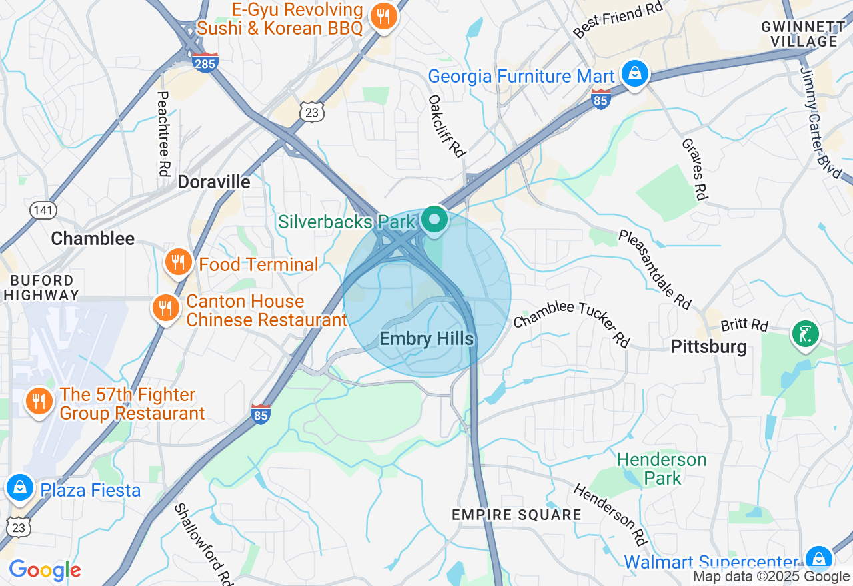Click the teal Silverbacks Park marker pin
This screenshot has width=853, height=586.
(x=434, y=219)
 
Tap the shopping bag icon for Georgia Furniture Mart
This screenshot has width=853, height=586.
(x=636, y=73)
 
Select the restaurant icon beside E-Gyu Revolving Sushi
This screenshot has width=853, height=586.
(x=383, y=16)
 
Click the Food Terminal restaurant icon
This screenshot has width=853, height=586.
(x=178, y=263)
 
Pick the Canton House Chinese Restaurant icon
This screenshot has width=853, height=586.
(x=166, y=308)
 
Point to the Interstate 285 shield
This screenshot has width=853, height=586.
(x=204, y=62)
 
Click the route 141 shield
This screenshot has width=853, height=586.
(x=43, y=210)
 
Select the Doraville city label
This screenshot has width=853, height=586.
(x=214, y=182)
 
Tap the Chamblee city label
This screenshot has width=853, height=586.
(x=93, y=238)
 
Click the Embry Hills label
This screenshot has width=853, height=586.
(x=426, y=339)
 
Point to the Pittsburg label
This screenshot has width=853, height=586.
(x=708, y=346)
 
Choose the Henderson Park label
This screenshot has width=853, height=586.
(x=661, y=469)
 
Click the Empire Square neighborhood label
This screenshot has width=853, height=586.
(x=516, y=515)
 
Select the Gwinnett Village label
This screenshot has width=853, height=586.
(x=803, y=34)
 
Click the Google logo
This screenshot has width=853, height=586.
(x=45, y=570)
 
